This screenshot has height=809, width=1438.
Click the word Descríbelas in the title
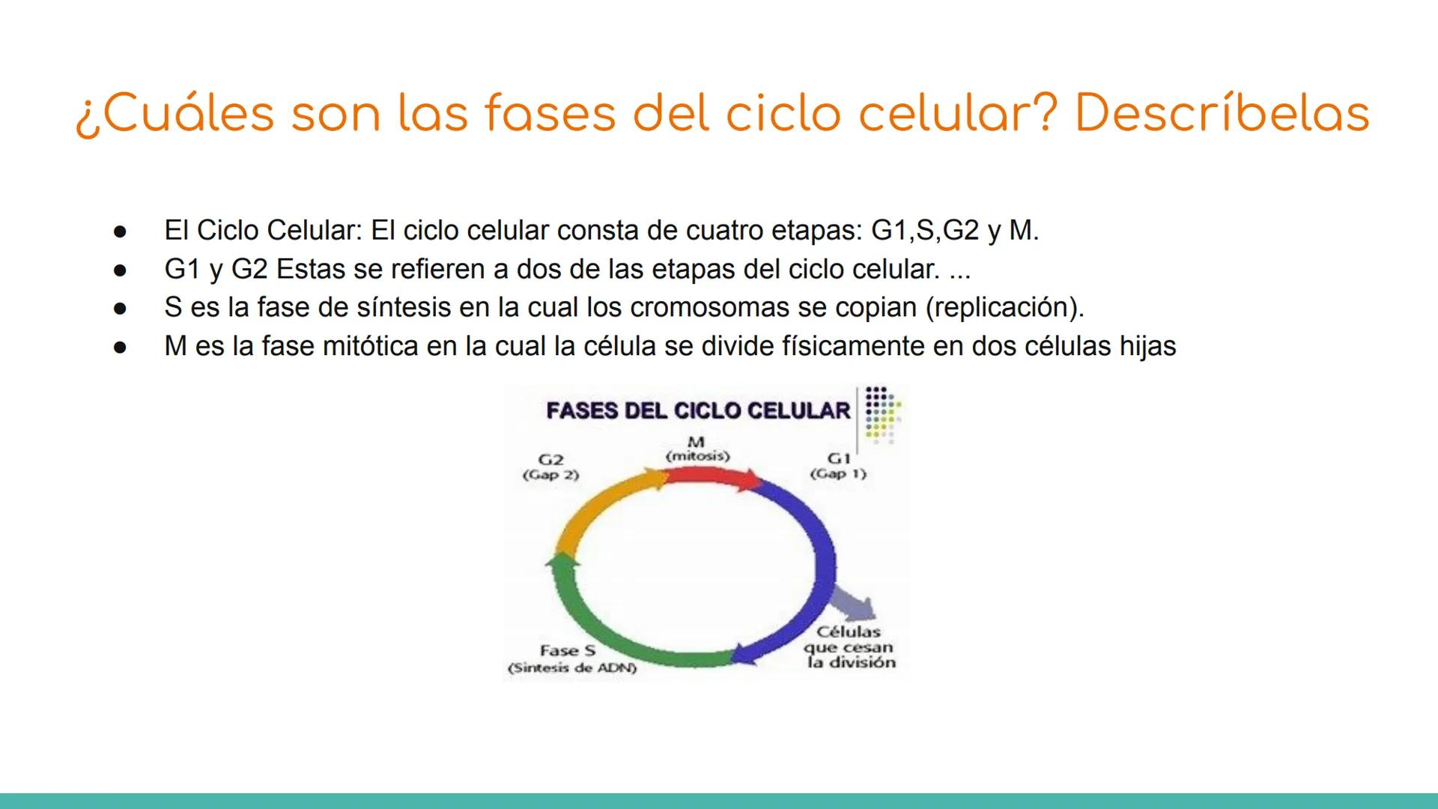pos(1222,114)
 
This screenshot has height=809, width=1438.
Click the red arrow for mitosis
pos(712,477)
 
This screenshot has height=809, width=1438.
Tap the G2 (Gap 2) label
pos(550,467)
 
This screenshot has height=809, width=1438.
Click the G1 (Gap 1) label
pos(838,466)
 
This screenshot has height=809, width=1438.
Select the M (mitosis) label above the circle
pos(697,449)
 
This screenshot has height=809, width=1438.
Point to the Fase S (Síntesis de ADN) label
pos(571,659)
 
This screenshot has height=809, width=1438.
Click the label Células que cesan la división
pos(850,647)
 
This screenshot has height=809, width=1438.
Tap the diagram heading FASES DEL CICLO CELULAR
pos(698,410)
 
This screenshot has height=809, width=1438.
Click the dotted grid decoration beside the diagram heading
pos(882,412)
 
